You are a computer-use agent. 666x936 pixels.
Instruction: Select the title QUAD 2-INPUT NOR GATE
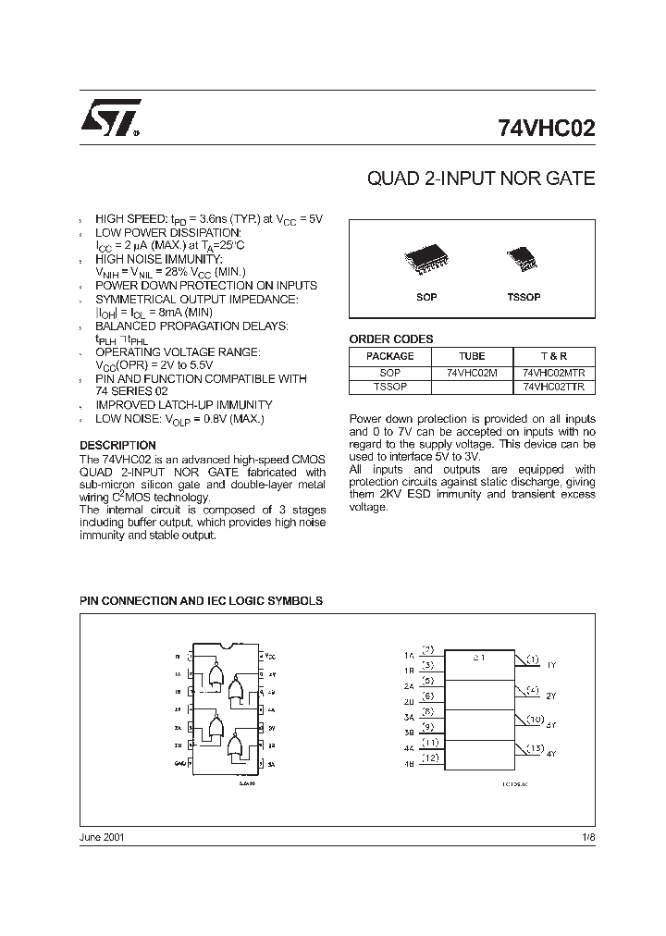pos(481,179)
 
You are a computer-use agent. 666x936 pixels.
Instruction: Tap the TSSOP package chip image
pos(524,258)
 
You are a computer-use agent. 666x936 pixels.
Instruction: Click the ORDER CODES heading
pos(390,339)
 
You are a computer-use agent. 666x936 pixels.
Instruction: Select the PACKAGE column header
pos(389,356)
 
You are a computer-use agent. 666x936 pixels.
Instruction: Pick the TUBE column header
pos(472,356)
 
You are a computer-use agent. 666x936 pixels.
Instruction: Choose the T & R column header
pos(554,356)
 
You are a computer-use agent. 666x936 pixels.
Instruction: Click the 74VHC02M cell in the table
pos(472,372)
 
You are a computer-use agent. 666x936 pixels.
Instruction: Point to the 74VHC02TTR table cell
pos(554,387)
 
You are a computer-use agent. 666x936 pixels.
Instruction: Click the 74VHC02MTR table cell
pos(554,372)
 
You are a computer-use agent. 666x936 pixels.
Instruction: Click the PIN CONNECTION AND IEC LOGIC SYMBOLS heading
pos(201,600)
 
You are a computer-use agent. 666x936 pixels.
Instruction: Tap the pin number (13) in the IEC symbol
pos(534,747)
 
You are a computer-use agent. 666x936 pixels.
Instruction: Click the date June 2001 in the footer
pos(102,836)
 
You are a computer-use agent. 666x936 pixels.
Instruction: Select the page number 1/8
pos(587,836)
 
